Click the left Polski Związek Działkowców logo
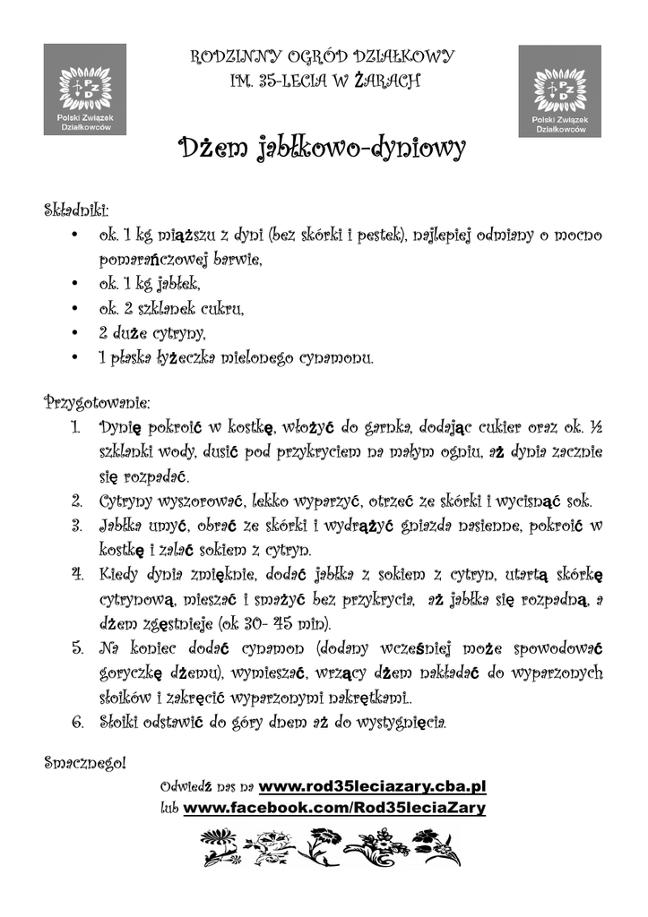(x=84, y=90)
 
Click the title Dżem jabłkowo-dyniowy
(x=323, y=148)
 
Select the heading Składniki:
(x=76, y=212)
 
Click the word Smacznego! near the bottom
(x=85, y=763)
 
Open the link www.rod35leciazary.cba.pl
(x=372, y=786)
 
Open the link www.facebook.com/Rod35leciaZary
(x=334, y=808)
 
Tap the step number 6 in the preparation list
(x=77, y=721)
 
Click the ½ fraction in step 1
(x=595, y=424)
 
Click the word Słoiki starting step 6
(x=122, y=721)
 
